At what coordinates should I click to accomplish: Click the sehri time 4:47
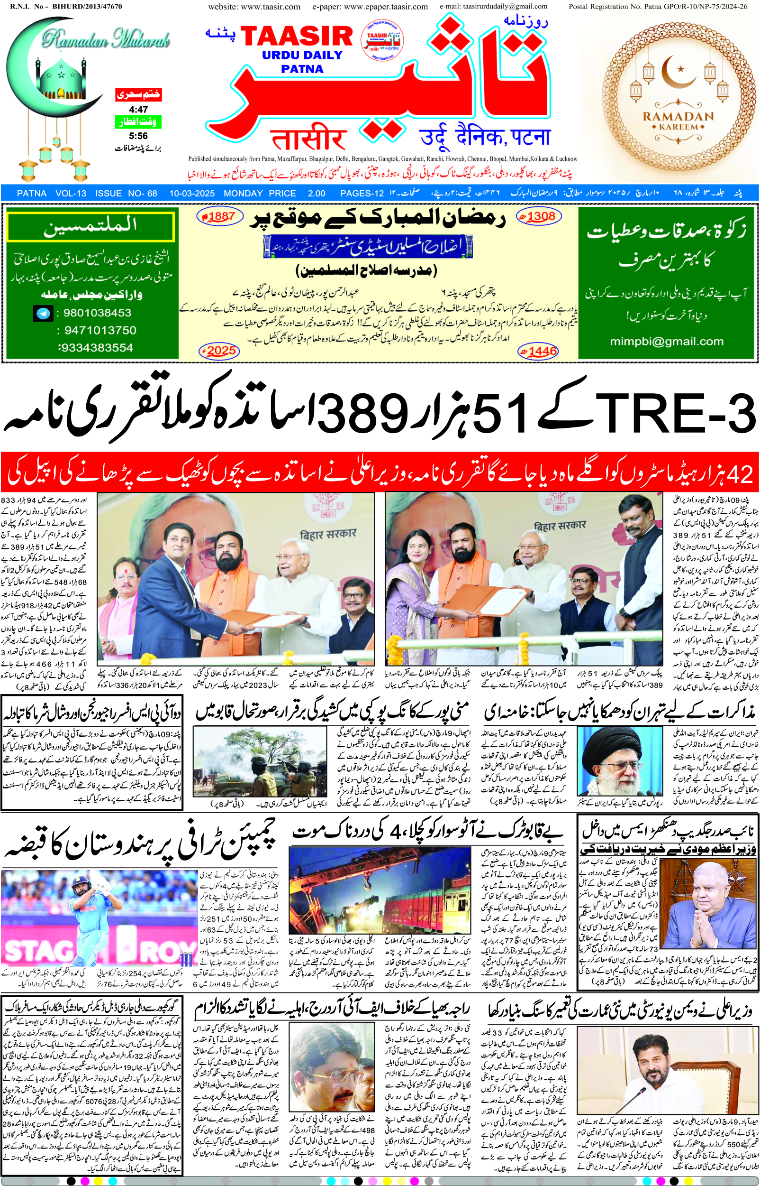(x=138, y=109)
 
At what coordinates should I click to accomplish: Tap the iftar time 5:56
(x=138, y=136)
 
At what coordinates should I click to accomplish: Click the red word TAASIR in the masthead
(x=296, y=36)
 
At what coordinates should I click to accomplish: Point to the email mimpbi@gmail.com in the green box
(x=666, y=341)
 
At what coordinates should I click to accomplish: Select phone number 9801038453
(x=97, y=313)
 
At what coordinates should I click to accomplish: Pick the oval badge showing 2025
(x=219, y=351)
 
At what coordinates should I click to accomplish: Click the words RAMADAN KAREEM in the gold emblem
(x=678, y=121)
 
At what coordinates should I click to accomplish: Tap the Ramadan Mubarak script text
(x=106, y=38)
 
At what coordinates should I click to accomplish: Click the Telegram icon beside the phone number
(x=44, y=313)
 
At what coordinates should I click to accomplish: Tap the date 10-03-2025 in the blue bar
(x=192, y=194)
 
